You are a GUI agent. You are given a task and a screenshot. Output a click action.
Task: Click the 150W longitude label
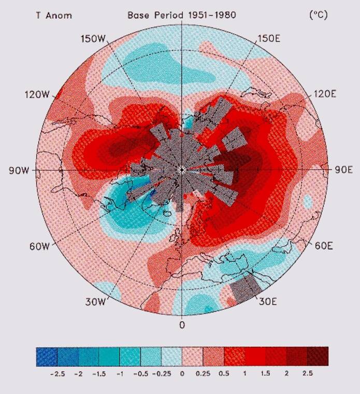(x=94, y=39)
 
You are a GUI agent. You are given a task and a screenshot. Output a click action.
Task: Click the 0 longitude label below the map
(x=182, y=326)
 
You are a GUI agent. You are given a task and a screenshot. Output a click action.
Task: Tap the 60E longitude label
(x=324, y=245)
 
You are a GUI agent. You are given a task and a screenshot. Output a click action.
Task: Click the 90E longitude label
(x=342, y=171)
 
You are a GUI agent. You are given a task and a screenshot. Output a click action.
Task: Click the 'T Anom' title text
(x=53, y=15)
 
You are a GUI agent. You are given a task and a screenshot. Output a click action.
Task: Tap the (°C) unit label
(x=318, y=15)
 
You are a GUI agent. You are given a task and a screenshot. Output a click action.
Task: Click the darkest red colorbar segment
(x=318, y=356)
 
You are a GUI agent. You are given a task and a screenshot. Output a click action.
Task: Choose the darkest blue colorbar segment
(x=47, y=356)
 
